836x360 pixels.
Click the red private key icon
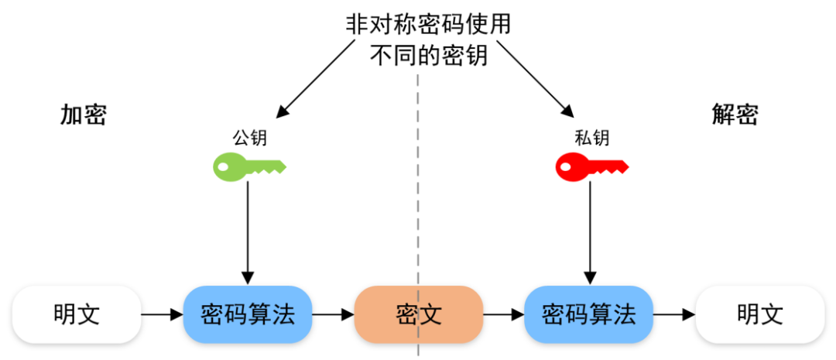[x=591, y=166]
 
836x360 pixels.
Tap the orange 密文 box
[x=419, y=314]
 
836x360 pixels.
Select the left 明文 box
[x=77, y=314]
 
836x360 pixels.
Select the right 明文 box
[x=759, y=314]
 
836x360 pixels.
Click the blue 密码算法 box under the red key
[x=589, y=314]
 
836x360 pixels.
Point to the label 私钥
[x=591, y=137]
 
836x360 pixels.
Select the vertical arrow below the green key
[x=248, y=232]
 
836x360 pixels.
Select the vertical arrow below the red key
[x=590, y=232]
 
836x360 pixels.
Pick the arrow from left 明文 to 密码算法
[x=162, y=315]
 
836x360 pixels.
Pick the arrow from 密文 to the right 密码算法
[x=503, y=315]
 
